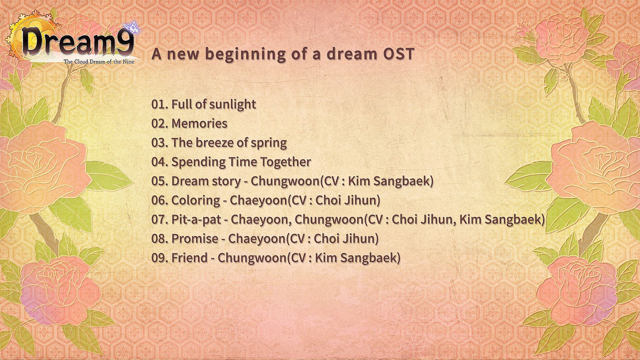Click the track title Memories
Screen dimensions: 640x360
[x=199, y=124]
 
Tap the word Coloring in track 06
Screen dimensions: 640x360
[x=196, y=201]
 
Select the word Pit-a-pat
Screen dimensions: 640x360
[x=196, y=220]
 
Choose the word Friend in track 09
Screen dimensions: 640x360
[x=189, y=258]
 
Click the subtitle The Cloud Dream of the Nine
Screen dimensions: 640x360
[x=99, y=62]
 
